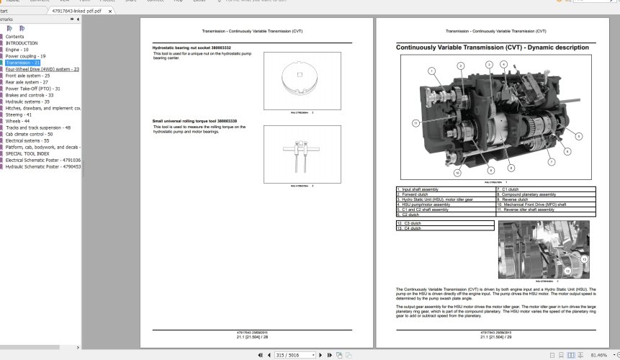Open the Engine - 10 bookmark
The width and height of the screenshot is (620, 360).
pyautogui.click(x=17, y=49)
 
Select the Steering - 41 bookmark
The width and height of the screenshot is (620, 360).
pyautogui.click(x=18, y=114)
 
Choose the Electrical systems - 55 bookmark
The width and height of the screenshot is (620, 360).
pyautogui.click(x=28, y=140)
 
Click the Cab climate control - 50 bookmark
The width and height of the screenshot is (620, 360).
pyautogui.click(x=29, y=134)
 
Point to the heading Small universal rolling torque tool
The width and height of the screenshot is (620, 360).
pyautogui.click(x=194, y=120)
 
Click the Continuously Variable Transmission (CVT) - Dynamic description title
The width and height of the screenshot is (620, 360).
pyautogui.click(x=492, y=48)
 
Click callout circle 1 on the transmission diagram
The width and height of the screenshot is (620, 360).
pyautogui.click(x=431, y=71)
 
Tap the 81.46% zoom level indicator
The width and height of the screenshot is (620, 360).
pyautogui.click(x=598, y=355)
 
